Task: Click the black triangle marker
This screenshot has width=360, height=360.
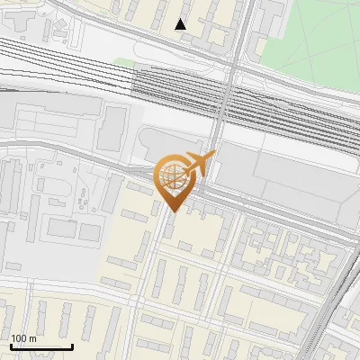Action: (x=181, y=24)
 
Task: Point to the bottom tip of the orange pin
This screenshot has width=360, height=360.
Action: (x=171, y=211)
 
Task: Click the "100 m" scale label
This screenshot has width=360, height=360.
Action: (x=24, y=337)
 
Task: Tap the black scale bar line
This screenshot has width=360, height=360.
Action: (x=41, y=346)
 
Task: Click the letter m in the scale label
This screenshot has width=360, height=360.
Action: (x=32, y=337)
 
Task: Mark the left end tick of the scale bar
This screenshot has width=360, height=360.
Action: (x=11, y=345)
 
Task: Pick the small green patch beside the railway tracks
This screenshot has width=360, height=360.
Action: (x=123, y=64)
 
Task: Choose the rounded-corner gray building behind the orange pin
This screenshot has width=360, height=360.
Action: (x=153, y=144)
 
